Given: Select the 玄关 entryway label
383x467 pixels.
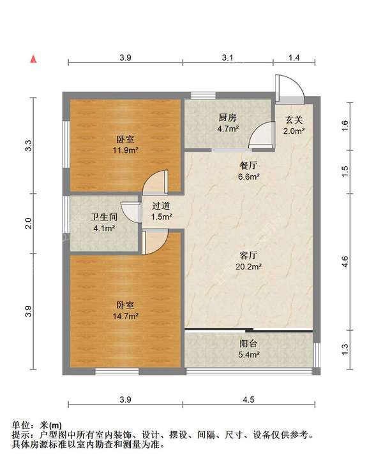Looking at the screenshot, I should coord(294,119).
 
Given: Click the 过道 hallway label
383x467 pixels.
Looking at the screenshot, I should coord(161,206).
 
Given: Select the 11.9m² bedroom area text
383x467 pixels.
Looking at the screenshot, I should coord(126,150).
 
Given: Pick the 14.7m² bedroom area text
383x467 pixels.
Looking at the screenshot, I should coord(126,315).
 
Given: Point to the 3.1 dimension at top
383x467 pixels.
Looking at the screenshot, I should coord(228,58).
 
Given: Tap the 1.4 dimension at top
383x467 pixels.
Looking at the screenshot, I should coord(294,58).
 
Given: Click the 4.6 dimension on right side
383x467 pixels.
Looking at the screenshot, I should coord(345,261).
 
